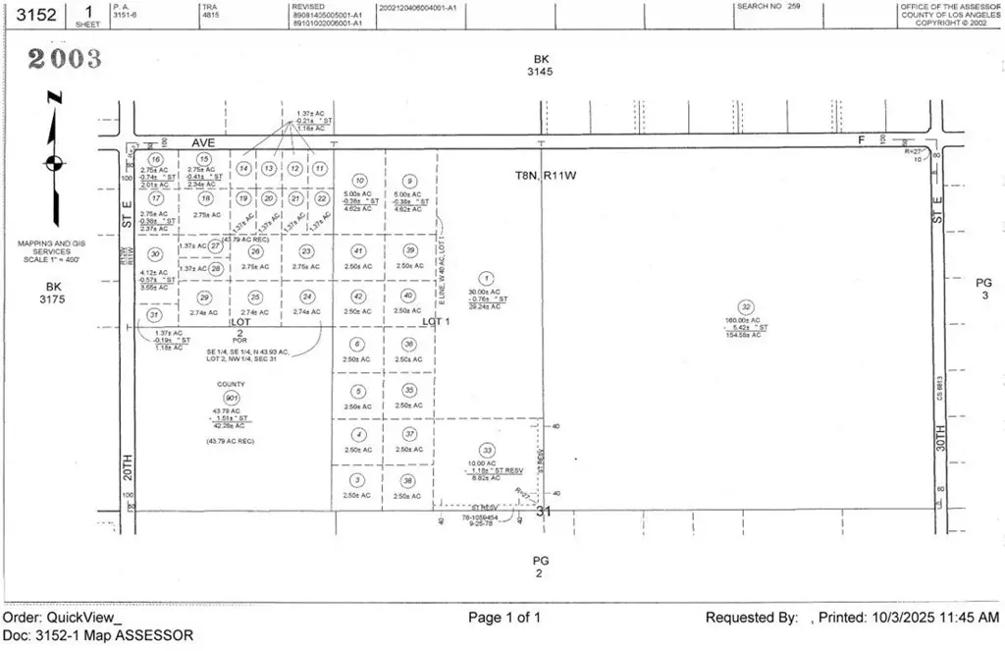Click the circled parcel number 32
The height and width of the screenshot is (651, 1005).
747,306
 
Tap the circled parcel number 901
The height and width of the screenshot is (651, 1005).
232,398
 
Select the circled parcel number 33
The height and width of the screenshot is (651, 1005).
488,451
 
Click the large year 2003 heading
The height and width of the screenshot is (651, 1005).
64,59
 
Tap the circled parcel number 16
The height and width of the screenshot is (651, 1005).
155,159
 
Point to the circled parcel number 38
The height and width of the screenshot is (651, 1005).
408,480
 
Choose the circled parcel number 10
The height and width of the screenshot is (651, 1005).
359,181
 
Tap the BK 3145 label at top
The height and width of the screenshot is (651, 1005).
539,65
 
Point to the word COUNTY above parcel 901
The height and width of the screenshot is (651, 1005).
232,385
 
